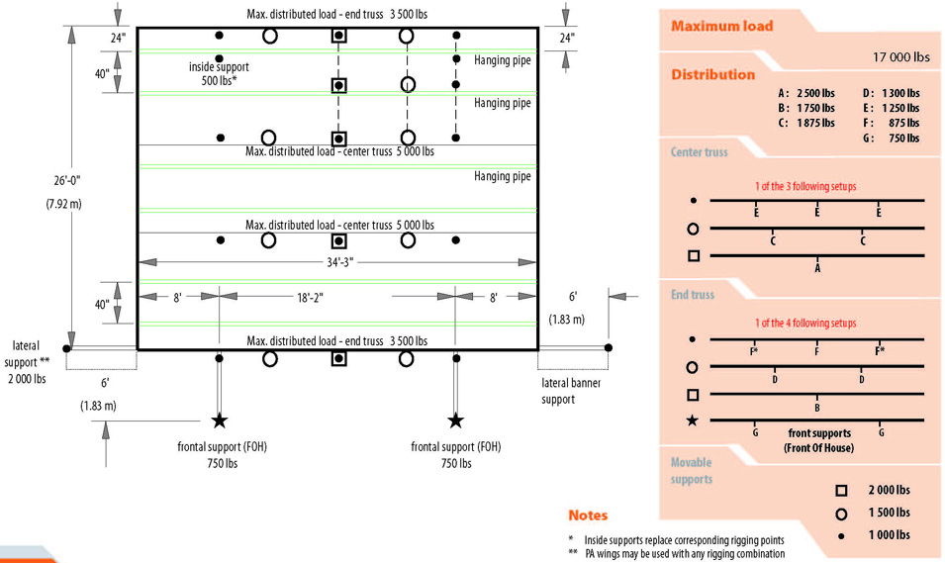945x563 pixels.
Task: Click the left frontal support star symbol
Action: pyautogui.click(x=219, y=421)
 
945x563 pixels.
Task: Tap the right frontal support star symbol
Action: pyautogui.click(x=455, y=421)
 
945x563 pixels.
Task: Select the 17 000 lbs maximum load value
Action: pyautogui.click(x=901, y=57)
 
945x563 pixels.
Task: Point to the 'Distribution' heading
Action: pyautogui.click(x=712, y=74)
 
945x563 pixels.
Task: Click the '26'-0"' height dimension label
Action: pyautogui.click(x=53, y=182)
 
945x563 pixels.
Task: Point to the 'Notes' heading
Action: pyautogui.click(x=588, y=516)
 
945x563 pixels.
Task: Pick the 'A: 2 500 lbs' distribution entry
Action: pyautogui.click(x=805, y=93)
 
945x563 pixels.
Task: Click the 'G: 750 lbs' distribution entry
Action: pyautogui.click(x=891, y=139)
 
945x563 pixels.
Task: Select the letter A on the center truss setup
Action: pyautogui.click(x=817, y=268)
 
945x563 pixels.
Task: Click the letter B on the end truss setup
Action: pyautogui.click(x=817, y=407)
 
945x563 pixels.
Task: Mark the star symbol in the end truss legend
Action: pyautogui.click(x=693, y=421)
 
